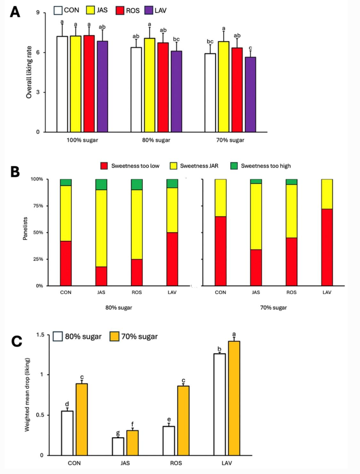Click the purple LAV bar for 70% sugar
click(251, 94)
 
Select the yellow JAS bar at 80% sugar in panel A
click(150, 85)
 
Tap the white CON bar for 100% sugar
click(62, 84)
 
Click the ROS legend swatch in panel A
click(120, 10)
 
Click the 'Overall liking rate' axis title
click(29, 72)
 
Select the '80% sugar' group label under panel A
click(156, 140)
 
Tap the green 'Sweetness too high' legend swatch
click(234, 166)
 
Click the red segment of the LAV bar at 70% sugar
click(327, 247)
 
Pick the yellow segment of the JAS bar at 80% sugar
click(102, 228)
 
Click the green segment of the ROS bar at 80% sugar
click(137, 184)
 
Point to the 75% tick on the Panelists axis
click(37, 206)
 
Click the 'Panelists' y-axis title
click(25, 229)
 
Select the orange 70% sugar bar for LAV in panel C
click(234, 398)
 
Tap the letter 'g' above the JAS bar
click(118, 433)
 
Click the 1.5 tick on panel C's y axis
click(40, 335)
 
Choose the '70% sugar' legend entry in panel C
click(134, 336)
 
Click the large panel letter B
click(15, 172)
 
